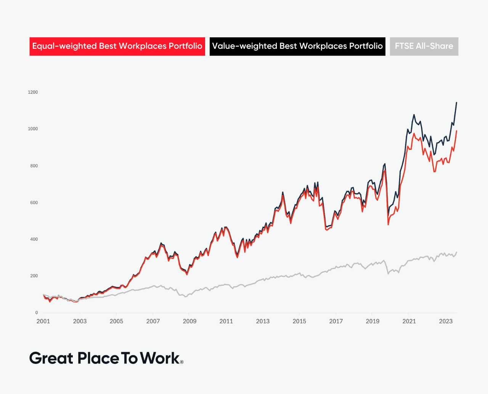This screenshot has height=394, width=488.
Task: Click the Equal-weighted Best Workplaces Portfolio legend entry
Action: [x=117, y=46]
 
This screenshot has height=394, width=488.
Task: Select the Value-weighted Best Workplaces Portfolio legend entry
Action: [x=297, y=46]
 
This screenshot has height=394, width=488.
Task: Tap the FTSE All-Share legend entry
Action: [x=424, y=46]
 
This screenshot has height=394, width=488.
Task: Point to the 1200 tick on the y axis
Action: [x=33, y=92]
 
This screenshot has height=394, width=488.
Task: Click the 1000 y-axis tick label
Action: [x=33, y=129]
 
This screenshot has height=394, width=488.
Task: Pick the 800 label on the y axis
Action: [x=34, y=166]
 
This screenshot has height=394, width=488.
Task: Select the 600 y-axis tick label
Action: [x=34, y=203]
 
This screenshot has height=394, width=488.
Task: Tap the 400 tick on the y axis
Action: [x=34, y=239]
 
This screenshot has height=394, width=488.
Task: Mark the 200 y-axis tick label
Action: [x=34, y=276]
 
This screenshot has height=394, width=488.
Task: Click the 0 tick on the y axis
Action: [x=37, y=313]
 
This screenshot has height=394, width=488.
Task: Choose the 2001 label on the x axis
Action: [x=43, y=321]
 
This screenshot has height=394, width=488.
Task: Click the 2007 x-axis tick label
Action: [x=153, y=321]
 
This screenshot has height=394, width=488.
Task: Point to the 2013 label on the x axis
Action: [x=263, y=321]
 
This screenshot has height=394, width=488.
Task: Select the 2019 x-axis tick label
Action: [x=372, y=321]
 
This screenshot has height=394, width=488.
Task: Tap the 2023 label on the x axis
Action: [x=446, y=321]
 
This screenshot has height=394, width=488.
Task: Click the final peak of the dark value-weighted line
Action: [x=456, y=103]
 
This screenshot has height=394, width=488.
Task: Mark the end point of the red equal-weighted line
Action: [x=456, y=131]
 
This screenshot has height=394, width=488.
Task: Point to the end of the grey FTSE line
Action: [x=456, y=252]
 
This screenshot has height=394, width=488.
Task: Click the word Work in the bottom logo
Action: [x=160, y=358]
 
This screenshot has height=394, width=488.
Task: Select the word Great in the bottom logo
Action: [x=51, y=358]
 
